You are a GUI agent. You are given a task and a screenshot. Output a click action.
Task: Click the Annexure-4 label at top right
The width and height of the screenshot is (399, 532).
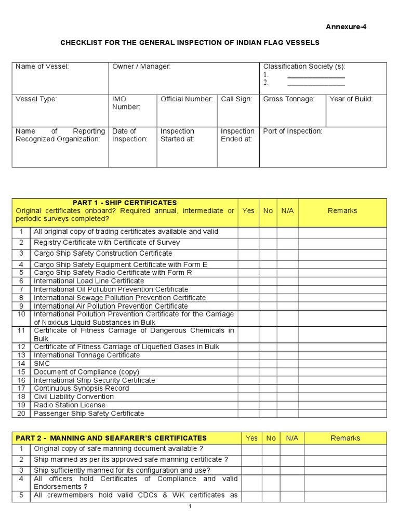coord(346,27)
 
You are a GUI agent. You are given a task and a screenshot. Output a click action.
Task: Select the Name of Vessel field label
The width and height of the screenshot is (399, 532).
coord(42,66)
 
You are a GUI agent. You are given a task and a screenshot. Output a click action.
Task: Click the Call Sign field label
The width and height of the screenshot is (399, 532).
coord(236,99)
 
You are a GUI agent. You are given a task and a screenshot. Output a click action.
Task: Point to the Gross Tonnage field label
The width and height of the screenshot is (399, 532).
coord(289,99)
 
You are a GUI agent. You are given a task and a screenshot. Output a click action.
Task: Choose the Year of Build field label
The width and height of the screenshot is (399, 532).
coord(351,99)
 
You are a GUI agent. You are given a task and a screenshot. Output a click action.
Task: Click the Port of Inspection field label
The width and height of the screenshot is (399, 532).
coord(292,131)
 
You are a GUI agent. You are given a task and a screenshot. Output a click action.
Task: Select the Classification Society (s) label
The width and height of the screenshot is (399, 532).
coord(304,66)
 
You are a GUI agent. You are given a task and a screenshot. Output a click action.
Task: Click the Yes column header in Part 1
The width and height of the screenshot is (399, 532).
coord(248,210)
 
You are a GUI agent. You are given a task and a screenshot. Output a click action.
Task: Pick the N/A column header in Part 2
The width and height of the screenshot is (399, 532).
coord(292,438)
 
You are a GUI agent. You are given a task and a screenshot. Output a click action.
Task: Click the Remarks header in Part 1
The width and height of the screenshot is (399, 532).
coord(342,210)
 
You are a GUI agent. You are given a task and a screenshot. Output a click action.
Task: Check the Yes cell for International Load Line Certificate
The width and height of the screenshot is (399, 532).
coord(248,281)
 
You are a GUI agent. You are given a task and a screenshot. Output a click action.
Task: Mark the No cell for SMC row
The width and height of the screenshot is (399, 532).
coord(268,364)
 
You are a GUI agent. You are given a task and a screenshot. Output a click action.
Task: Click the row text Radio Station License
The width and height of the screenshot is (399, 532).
coord(70,405)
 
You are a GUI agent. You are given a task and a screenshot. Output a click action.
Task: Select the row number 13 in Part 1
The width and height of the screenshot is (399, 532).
coord(21,355)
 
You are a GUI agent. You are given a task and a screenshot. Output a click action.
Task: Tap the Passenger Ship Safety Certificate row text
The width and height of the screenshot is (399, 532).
coord(89,414)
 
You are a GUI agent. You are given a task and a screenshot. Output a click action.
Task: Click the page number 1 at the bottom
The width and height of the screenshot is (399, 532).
coord(190,507)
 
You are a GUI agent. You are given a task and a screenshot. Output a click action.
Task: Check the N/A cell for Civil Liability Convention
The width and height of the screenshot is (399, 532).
coord(287,396)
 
